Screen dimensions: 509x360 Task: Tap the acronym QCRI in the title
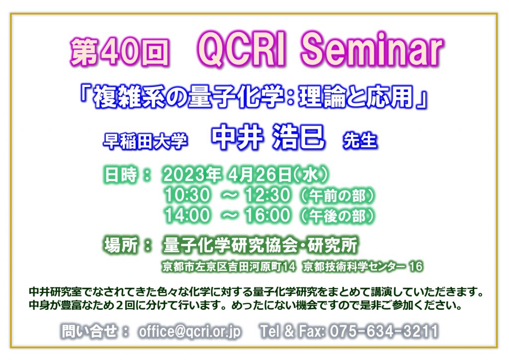(242, 50)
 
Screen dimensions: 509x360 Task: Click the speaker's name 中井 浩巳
(268, 137)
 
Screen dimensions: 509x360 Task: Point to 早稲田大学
(145, 141)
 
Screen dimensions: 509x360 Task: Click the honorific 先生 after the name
(360, 141)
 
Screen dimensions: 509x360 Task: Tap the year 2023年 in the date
(192, 175)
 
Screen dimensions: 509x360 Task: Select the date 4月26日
(259, 175)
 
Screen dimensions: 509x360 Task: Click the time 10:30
(187, 195)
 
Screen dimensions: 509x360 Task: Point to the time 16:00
(267, 215)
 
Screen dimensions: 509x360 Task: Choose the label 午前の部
(338, 196)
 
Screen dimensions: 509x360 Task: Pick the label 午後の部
(338, 216)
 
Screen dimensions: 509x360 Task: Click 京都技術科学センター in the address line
(354, 267)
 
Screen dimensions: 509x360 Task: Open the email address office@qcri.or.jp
(190, 332)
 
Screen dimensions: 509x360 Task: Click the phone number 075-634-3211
(384, 332)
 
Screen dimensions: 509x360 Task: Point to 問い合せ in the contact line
(89, 332)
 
